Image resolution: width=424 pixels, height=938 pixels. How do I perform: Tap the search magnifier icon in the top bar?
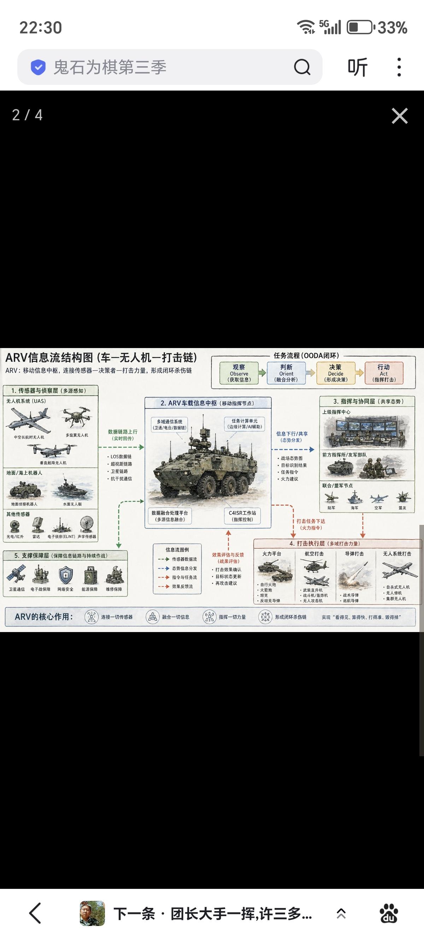point(302,67)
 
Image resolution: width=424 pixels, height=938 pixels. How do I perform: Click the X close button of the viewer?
point(400,116)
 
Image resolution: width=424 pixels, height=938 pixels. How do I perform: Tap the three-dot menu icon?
point(399,67)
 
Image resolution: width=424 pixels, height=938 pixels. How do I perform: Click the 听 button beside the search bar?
point(358,67)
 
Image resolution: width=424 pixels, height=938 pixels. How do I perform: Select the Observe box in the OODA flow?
point(239,373)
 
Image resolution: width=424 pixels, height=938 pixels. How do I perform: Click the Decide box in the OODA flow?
point(335,373)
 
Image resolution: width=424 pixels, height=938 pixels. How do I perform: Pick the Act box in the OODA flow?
point(384,373)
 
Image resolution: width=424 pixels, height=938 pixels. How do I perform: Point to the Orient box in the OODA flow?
point(286,373)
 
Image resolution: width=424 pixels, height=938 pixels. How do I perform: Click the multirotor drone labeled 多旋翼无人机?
point(76,418)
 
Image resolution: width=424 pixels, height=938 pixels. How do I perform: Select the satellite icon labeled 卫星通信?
point(16,575)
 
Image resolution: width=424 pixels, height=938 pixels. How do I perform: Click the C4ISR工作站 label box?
point(242,516)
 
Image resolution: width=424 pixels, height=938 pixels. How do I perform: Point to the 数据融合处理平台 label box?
point(170,516)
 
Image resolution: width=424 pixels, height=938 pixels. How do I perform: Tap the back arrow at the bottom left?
point(35,913)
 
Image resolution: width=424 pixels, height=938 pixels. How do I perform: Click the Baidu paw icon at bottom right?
point(389,913)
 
